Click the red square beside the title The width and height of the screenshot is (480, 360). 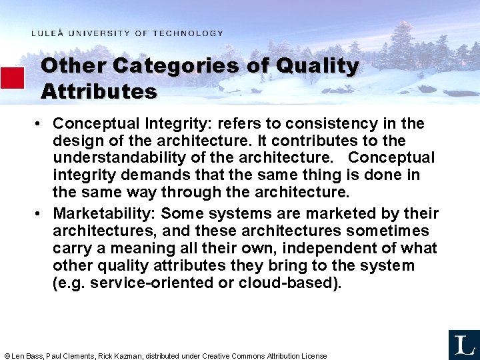(12, 77)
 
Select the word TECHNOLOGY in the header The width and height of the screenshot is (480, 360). (187, 33)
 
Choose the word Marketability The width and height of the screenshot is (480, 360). (104, 214)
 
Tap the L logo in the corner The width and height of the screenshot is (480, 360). (463, 344)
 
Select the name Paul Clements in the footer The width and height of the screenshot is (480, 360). (70, 356)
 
